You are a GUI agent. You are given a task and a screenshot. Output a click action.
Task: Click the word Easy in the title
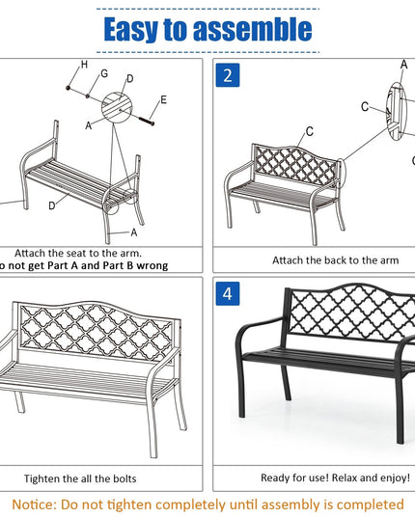pyautogui.click(x=131, y=29)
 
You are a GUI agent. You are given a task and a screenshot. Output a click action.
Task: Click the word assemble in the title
pyautogui.click(x=253, y=29)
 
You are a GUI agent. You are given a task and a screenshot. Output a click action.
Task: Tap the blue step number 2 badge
pyautogui.click(x=228, y=75)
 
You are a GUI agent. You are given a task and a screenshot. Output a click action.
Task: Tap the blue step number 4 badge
pyautogui.click(x=228, y=293)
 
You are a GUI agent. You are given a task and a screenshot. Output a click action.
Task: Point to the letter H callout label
pyautogui.click(x=85, y=65)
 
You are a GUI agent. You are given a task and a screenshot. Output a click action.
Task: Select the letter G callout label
pyautogui.click(x=104, y=73)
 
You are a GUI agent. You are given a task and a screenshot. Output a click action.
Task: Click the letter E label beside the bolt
pyautogui.click(x=163, y=99)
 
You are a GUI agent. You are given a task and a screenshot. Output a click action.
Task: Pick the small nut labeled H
pyautogui.click(x=69, y=88)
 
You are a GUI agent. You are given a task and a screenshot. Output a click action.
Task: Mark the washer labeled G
pyautogui.click(x=88, y=96)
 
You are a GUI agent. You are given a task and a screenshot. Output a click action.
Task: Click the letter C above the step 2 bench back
pyautogui.click(x=310, y=131)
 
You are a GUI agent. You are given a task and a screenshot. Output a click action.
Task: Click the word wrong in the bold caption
pyautogui.click(x=152, y=265)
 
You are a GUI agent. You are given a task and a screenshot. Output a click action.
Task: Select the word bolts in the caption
pyautogui.click(x=124, y=478)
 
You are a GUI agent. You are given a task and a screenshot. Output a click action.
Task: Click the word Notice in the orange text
pyautogui.click(x=35, y=504)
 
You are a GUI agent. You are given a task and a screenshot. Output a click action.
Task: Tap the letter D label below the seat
pyautogui.click(x=52, y=205)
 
